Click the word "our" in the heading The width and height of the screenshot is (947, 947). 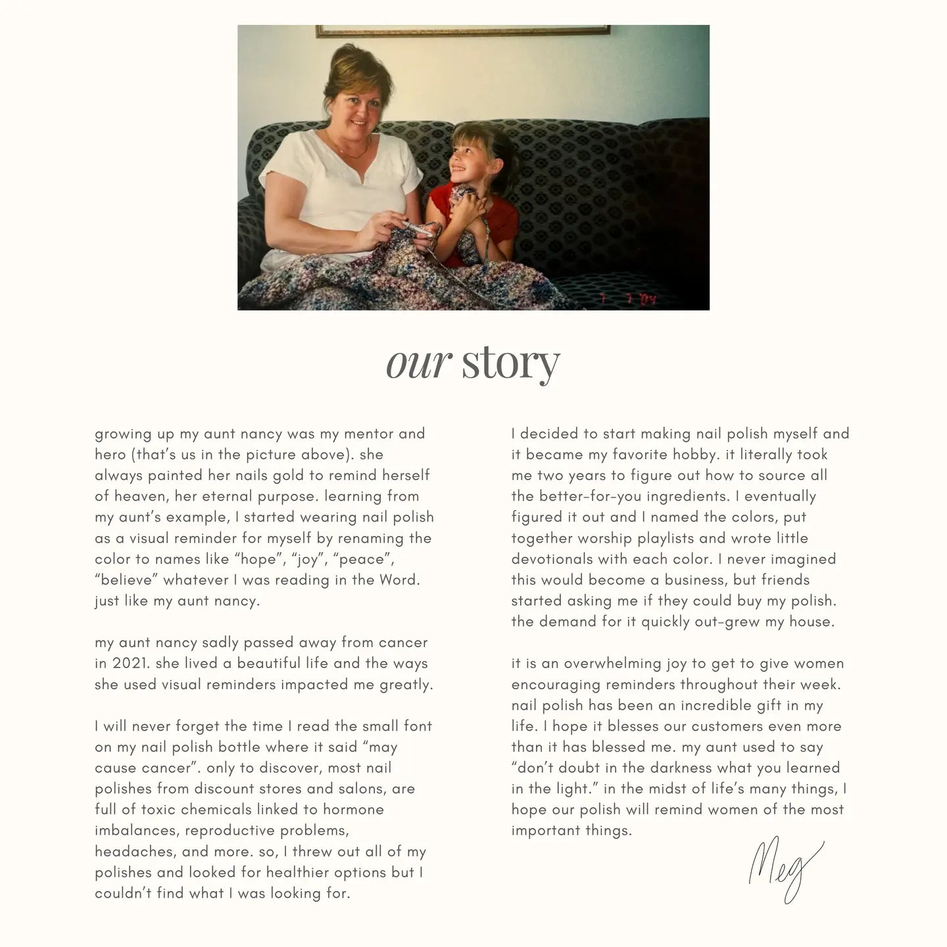[x=418, y=362]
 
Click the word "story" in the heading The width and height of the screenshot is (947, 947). [x=510, y=362]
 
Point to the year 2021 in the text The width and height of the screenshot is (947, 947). [x=129, y=664]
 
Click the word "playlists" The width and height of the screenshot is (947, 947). [x=658, y=539]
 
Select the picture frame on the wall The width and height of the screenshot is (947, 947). [x=462, y=30]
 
